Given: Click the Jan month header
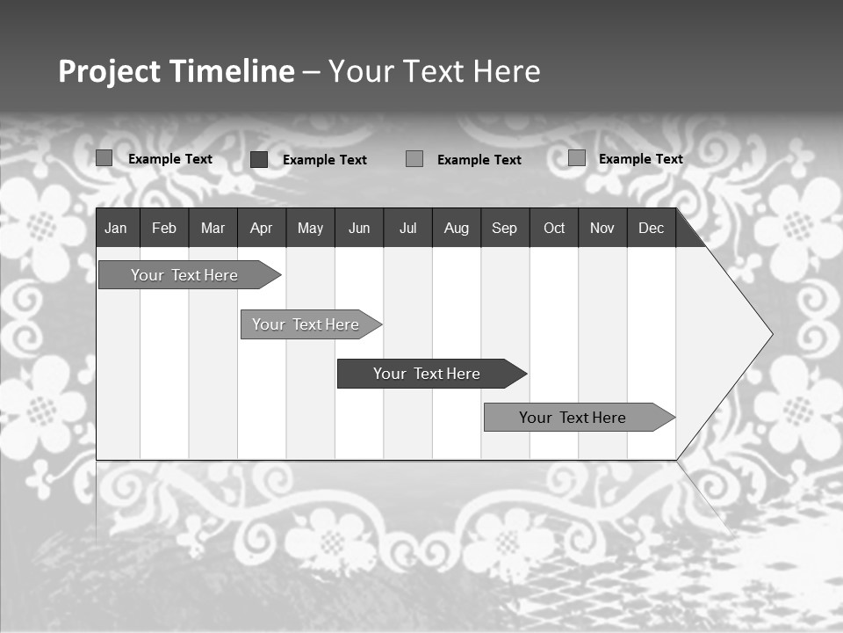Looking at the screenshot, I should pos(116,228).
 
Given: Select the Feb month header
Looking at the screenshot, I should pos(164,228).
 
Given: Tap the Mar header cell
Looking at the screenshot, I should pos(213,228).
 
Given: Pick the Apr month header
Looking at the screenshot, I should pos(261,228).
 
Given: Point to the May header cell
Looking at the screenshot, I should pos(310,228).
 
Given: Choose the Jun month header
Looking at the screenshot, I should pos(359,228).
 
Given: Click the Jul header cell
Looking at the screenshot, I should pos(407,228).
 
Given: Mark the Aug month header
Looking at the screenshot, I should pos(457,228).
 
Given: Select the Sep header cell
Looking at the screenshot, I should pos(505,228).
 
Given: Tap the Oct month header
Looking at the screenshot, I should pos(554,228).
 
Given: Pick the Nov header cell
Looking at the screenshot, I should pos(602,228).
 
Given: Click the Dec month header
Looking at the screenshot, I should pos(652,228).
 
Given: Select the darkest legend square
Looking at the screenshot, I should pos(259,159).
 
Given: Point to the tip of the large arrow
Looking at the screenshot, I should pos(771,334).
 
